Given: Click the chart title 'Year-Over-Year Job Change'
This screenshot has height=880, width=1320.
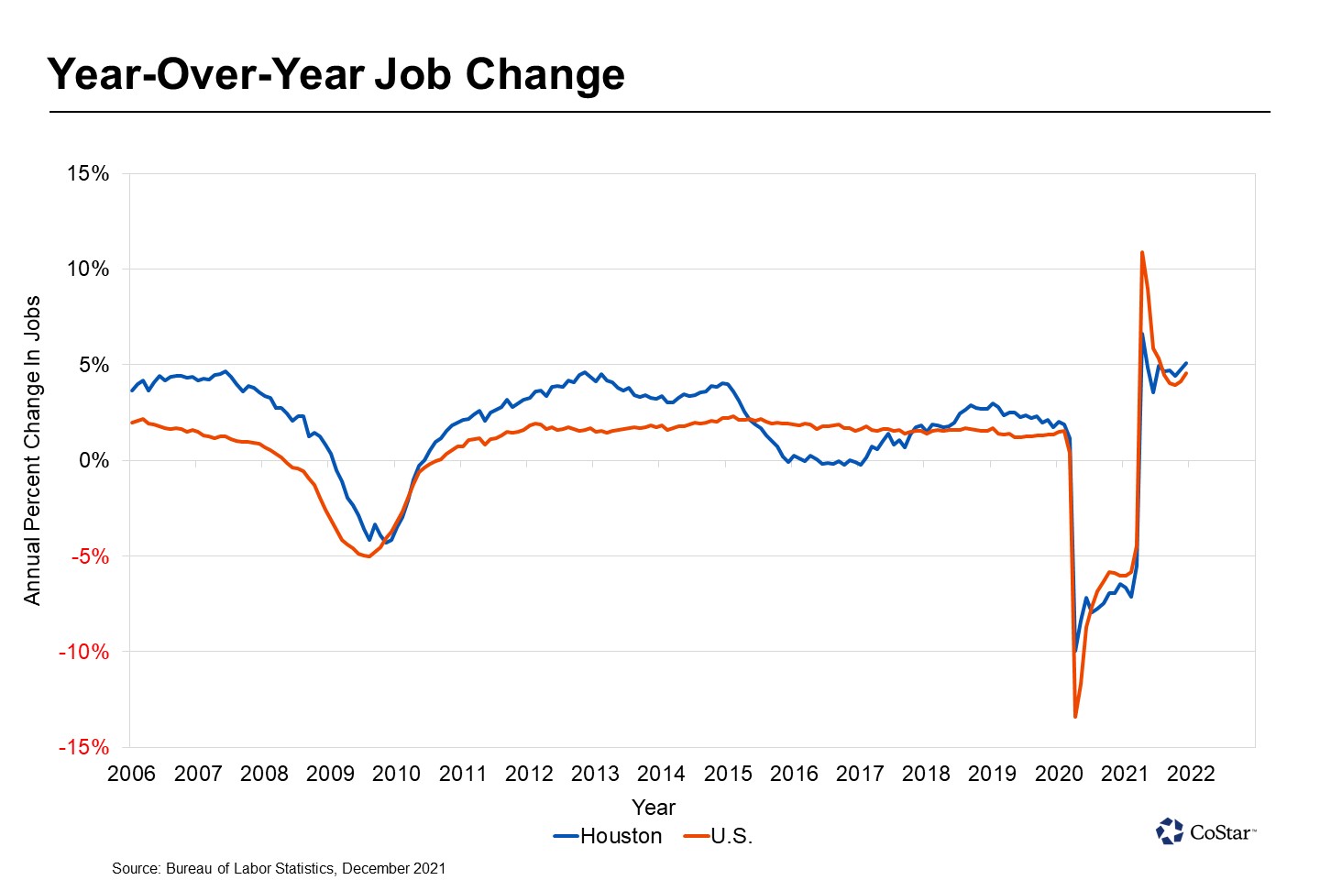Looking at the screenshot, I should tap(335, 74).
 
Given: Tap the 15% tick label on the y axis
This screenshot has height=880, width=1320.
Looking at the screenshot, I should tap(87, 173).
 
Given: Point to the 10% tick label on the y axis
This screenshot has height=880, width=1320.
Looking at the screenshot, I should tap(87, 269).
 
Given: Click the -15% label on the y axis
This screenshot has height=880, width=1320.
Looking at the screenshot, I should tap(83, 747).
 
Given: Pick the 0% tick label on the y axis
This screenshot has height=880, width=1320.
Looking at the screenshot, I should tap(93, 460).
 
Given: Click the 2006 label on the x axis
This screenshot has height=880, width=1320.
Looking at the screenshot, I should tap(131, 774).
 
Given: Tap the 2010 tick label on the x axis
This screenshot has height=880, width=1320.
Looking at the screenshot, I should tap(396, 774).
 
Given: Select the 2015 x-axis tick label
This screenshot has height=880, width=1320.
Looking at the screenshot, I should tap(728, 774).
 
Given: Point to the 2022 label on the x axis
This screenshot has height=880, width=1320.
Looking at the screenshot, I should tap(1191, 774).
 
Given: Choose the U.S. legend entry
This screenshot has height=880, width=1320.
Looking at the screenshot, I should tap(719, 836).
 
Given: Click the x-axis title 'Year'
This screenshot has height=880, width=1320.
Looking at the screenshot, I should tap(654, 808).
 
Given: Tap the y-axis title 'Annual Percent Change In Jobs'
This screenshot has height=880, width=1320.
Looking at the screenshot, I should tap(32, 450).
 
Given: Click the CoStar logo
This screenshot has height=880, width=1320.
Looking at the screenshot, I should tap(1205, 831).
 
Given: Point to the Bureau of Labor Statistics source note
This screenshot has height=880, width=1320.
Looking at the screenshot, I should tap(279, 868).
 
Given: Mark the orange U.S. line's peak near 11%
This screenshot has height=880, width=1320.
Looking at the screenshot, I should tap(1141, 252).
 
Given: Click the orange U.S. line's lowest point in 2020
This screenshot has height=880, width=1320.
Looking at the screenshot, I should tap(1075, 716).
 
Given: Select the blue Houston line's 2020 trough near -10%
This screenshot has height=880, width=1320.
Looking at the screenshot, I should tap(1076, 650).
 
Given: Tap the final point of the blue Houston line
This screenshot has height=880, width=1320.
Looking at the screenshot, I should tap(1187, 363).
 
